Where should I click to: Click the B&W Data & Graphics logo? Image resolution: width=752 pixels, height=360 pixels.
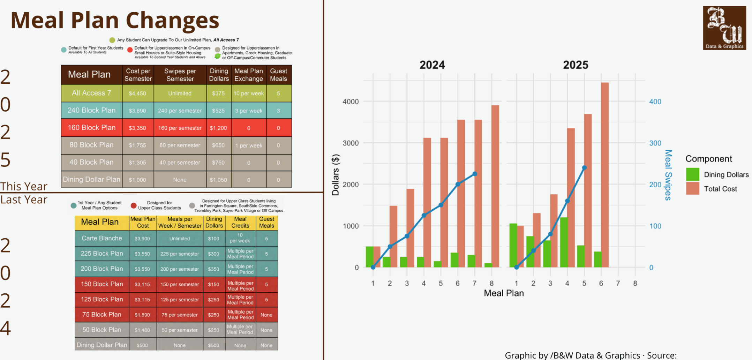point(724,28)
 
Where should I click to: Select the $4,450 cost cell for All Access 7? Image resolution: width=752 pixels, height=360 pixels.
point(137,93)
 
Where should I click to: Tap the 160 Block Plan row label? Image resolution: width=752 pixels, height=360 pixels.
point(92,128)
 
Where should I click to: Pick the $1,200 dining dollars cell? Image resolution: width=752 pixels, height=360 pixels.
point(218,128)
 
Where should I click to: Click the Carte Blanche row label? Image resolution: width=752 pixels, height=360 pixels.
point(102,238)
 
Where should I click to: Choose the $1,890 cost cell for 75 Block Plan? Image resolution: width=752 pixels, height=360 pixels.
point(142,315)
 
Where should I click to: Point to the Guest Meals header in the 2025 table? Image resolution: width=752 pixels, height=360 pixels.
point(278,75)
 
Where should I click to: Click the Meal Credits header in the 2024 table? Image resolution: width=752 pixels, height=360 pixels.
point(240,222)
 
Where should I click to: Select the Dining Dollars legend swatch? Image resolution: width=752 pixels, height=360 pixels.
point(692,174)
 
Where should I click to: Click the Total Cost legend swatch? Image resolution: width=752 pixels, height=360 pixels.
point(692,189)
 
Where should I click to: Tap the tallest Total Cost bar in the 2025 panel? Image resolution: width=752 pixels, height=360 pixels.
point(604,174)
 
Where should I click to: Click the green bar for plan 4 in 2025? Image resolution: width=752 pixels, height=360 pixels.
point(564,242)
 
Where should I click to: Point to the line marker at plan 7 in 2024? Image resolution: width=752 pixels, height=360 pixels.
point(475,174)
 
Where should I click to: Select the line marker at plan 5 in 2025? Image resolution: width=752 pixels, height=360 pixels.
point(585,168)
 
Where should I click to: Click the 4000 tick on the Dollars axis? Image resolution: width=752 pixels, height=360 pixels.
point(350,102)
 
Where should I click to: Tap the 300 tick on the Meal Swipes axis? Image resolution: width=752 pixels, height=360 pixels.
point(655,143)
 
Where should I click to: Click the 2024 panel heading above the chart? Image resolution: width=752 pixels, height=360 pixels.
point(432,65)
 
